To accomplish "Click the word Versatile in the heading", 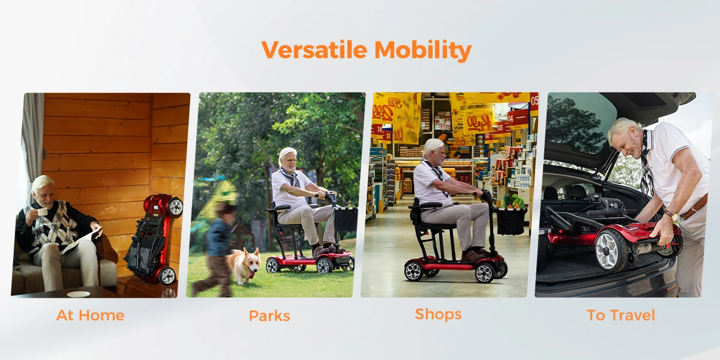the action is pos(314,50).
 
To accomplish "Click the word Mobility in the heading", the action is pos(423,51).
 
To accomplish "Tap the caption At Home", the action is pos(91,316).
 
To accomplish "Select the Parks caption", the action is pos(269,316).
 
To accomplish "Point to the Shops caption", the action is pos(438,314).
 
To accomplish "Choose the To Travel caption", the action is pos(620,316).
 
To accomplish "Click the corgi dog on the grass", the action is pos(244,265).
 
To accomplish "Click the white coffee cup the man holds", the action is pos(42,212).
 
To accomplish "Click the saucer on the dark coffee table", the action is pos(78,294).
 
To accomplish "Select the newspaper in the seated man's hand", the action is pos(81,240).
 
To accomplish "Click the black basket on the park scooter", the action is pos(346,219).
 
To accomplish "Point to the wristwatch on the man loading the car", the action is pos(671,215).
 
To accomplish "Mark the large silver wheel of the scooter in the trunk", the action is pos(610,250).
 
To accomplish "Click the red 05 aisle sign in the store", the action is pos(534,101).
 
